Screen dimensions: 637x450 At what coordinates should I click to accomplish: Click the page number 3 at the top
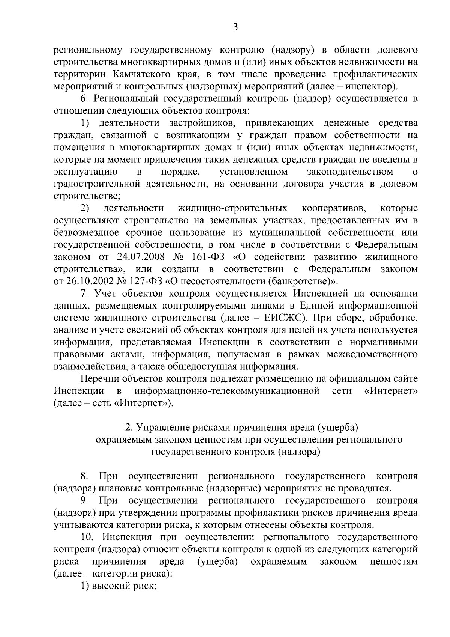[x=235, y=27]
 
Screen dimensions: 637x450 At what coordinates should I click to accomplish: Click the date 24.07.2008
[x=136, y=257]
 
